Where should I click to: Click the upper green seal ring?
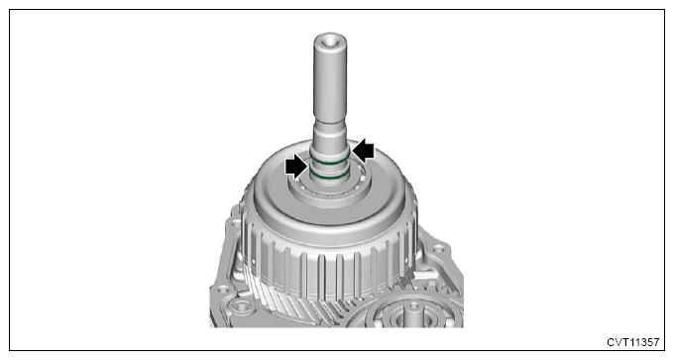(x=329, y=163)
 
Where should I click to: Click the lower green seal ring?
(x=329, y=178)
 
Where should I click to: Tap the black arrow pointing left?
(x=363, y=150)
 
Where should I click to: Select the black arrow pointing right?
(x=297, y=167)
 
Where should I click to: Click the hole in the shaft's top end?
(x=330, y=41)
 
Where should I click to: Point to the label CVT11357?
(x=632, y=342)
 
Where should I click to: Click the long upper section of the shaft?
(x=330, y=77)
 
